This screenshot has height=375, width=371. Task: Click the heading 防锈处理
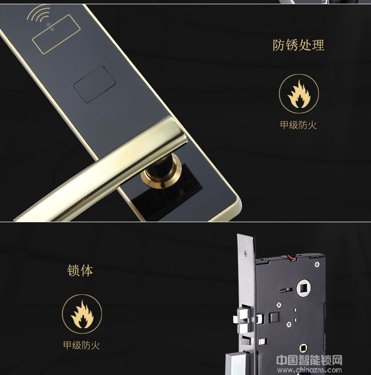[298, 45]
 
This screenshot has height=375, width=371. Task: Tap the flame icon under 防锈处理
[299, 94]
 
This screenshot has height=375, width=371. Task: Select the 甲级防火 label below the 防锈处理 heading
[299, 125]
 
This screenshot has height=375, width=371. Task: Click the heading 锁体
[80, 270]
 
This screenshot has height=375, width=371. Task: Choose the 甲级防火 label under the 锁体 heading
[82, 346]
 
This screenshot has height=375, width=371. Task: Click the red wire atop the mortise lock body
[289, 257]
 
